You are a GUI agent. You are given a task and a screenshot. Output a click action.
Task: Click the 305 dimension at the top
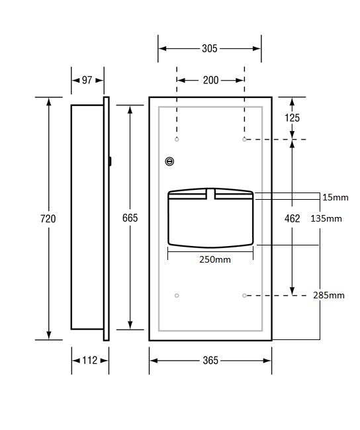[x=209, y=48]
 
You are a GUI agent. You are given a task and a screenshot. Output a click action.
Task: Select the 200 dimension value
[x=210, y=80]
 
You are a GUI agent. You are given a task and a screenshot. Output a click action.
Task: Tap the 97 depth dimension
[x=87, y=80]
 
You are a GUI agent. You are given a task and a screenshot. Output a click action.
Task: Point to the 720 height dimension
[x=48, y=218]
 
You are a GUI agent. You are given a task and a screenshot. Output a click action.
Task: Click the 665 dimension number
[x=129, y=218]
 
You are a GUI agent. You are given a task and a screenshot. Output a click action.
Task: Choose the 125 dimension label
[x=292, y=118]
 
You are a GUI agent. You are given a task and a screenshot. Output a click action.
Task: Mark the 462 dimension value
[x=292, y=218]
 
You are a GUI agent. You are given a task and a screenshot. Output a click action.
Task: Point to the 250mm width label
[x=215, y=259]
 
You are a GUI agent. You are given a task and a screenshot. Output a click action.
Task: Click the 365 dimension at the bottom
[x=210, y=361]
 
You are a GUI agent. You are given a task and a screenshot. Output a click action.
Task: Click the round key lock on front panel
[x=170, y=161]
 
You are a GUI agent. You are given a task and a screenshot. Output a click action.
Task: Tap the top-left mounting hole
[x=177, y=140]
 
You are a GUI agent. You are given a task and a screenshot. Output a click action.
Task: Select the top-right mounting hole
[x=244, y=140]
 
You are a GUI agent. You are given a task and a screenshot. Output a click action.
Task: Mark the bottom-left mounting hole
[x=177, y=294]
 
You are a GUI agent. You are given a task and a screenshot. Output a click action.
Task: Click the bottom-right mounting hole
[x=244, y=294]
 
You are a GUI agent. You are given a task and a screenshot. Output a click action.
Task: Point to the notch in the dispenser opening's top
[x=211, y=193]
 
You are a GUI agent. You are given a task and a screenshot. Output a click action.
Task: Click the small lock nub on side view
[x=111, y=160]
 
